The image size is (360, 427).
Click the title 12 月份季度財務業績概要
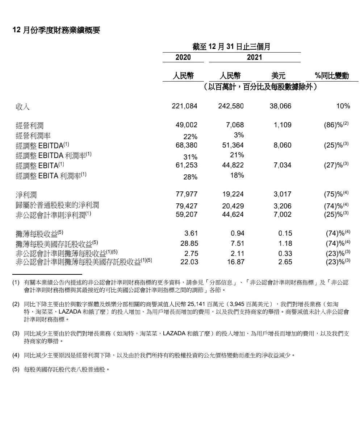[56, 30]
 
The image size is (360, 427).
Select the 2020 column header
[183, 57]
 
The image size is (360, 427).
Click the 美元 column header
[278, 76]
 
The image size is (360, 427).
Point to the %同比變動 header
[332, 76]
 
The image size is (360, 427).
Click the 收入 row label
[22, 107]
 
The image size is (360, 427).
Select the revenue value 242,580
[231, 106]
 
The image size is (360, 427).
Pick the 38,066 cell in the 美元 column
[280, 106]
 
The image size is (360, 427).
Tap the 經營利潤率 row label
[33, 136]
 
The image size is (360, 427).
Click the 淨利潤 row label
[26, 195]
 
